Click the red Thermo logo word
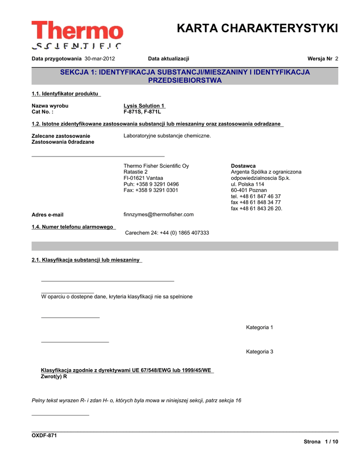77,30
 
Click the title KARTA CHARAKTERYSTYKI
257,28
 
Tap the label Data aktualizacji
168,59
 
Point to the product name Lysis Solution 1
144,106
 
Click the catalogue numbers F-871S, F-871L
142,111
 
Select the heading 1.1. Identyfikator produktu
66,94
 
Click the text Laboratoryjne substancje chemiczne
167,136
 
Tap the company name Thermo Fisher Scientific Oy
156,166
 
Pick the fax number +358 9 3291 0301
151,190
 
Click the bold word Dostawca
243,166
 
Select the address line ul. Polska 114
247,184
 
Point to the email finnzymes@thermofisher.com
158,214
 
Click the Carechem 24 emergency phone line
167,233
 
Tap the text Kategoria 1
259,327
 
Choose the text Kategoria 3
259,351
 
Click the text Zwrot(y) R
54,376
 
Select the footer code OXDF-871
44,436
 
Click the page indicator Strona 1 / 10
321,442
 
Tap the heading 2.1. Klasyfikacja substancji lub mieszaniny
86,260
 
